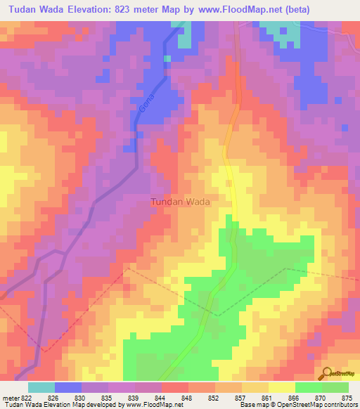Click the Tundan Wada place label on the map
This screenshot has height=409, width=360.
(181, 202)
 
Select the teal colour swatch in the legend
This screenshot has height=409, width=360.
(41, 387)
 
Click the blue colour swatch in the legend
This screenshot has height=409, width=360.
(68, 387)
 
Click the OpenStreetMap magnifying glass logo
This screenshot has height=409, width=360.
(328, 372)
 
